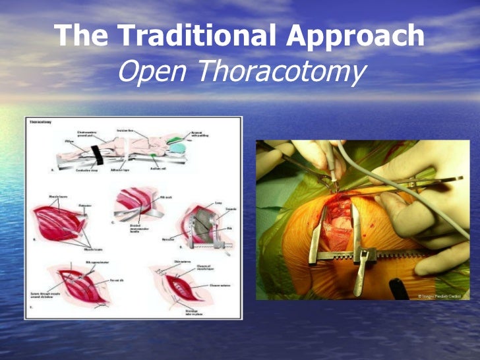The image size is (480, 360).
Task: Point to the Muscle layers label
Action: (45, 196)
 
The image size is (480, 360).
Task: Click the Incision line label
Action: (126, 130)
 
